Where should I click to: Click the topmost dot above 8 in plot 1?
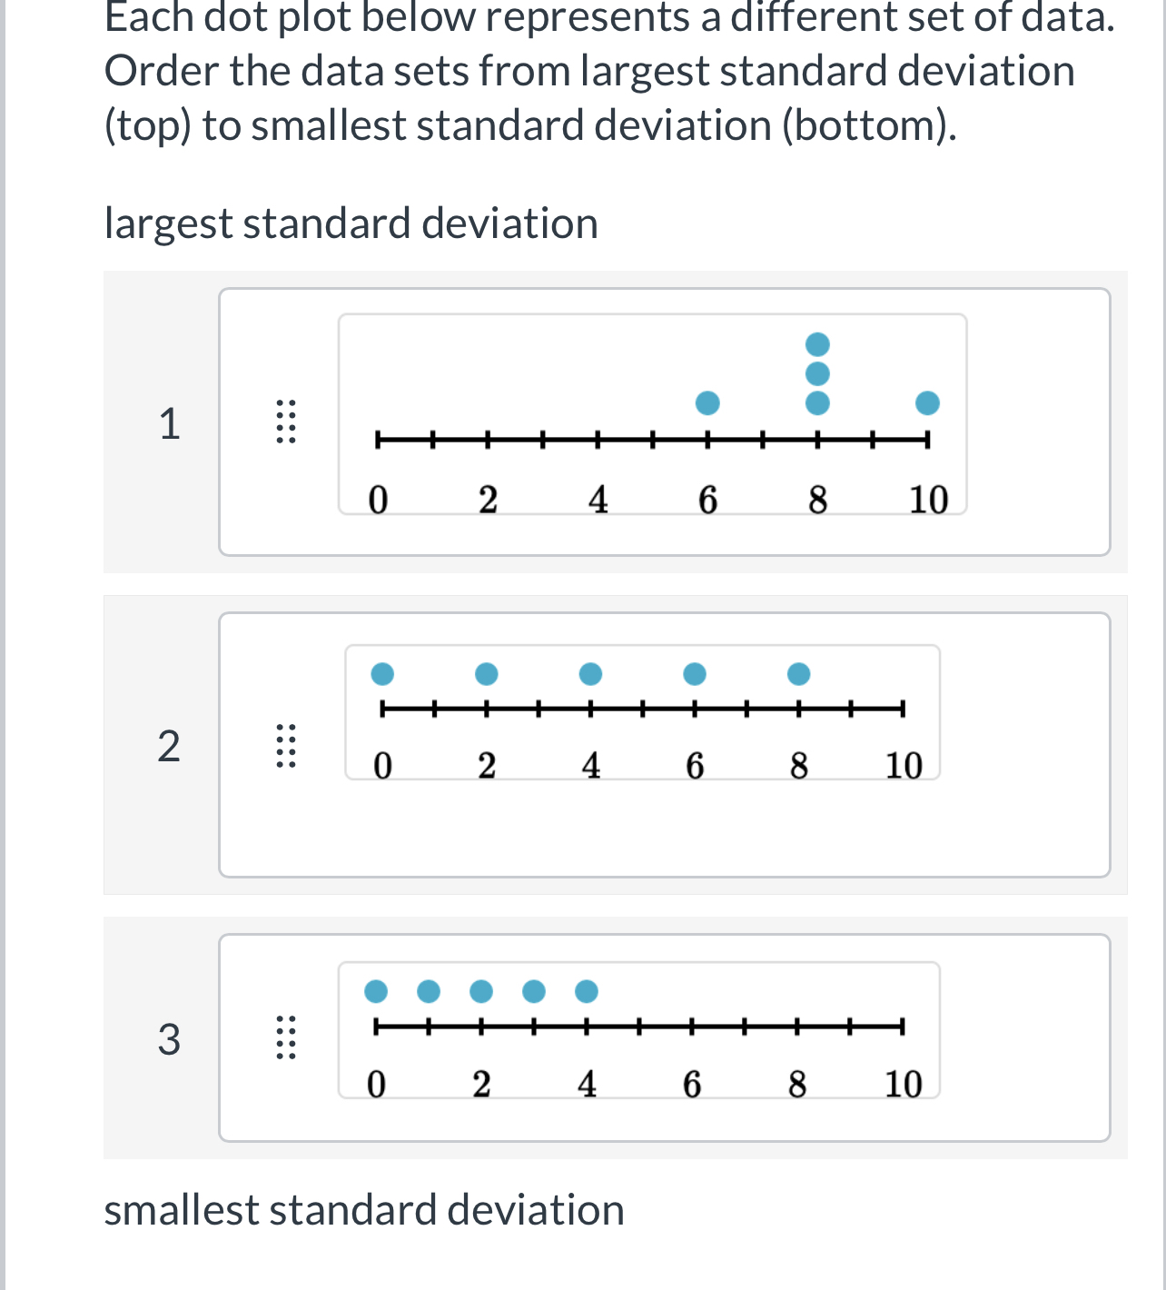click(x=817, y=344)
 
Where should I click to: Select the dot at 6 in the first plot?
click(x=707, y=403)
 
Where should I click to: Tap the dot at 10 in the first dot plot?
click(x=927, y=403)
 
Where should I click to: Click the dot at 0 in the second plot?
click(x=382, y=674)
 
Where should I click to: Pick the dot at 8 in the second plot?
click(x=799, y=674)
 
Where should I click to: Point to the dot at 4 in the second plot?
click(x=590, y=674)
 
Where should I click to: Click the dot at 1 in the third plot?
click(x=429, y=991)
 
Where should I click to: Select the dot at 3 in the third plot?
click(x=534, y=991)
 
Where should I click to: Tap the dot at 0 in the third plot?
click(x=376, y=991)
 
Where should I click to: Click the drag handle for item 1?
click(x=285, y=422)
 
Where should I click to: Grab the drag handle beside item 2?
click(x=285, y=745)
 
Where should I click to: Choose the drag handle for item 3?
click(x=285, y=1037)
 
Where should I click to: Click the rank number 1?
click(x=170, y=424)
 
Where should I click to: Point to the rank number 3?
click(x=169, y=1039)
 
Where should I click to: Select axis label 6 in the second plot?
click(x=695, y=766)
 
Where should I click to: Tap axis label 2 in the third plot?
click(x=481, y=1084)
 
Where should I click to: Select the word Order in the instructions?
click(x=161, y=71)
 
